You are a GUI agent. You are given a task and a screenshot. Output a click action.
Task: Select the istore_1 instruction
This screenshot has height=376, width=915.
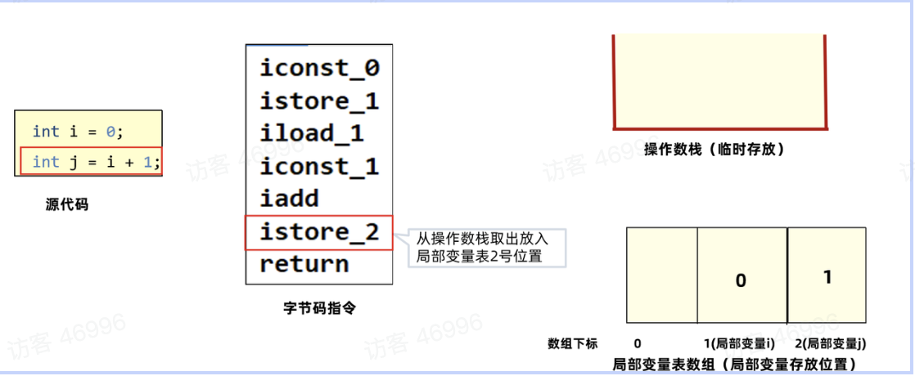(x=320, y=101)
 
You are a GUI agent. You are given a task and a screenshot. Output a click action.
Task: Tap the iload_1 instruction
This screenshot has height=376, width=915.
(x=312, y=132)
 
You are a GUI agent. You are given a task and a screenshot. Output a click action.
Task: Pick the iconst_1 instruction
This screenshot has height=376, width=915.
(x=320, y=166)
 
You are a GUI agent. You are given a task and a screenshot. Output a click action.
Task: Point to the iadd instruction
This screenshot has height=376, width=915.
(x=289, y=199)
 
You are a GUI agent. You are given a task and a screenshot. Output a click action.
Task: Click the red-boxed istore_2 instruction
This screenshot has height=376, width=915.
(x=320, y=232)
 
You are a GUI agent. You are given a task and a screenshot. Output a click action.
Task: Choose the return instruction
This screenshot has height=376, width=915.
(x=304, y=264)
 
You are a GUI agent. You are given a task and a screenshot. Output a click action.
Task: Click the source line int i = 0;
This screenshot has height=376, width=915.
(x=78, y=131)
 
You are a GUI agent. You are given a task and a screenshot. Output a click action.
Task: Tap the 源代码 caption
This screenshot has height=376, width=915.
(x=67, y=205)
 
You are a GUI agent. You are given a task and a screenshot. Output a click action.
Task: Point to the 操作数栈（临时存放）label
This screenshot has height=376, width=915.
(x=714, y=150)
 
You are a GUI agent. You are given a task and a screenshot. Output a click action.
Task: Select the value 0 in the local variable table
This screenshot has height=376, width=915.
(x=741, y=280)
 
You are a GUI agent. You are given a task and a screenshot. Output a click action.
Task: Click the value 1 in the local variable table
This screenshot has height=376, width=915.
(x=827, y=277)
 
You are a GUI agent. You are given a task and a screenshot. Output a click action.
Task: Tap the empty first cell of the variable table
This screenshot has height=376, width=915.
(x=661, y=275)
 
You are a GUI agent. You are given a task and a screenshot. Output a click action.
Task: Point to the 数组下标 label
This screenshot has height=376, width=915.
(x=575, y=343)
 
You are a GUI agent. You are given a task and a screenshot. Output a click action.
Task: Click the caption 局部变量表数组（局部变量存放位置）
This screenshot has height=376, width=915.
(x=734, y=362)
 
